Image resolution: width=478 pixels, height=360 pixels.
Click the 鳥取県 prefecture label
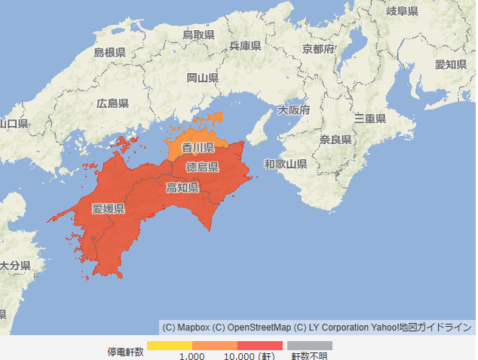click(199, 35)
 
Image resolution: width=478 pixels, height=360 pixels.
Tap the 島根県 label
click(109, 52)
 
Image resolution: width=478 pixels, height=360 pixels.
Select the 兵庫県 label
click(245, 46)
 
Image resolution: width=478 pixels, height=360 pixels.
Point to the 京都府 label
click(318, 49)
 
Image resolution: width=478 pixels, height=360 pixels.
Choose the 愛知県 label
click(451, 64)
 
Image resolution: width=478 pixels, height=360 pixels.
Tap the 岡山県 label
click(203, 78)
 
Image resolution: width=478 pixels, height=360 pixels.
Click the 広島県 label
click(112, 103)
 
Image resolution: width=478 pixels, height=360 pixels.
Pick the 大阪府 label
click(293, 110)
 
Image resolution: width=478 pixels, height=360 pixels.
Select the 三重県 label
click(370, 118)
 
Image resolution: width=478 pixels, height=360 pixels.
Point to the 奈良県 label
click(336, 140)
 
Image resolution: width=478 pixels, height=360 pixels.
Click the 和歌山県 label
click(285, 164)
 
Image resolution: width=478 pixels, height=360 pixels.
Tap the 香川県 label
click(198, 148)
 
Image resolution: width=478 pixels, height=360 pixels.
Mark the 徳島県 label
click(202, 167)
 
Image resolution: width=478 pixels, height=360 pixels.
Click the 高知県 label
click(182, 187)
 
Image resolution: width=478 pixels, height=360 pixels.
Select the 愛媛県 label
click(109, 208)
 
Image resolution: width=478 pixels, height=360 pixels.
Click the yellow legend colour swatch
click(170, 346)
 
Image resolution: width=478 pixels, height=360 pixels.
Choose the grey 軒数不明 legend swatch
click(309, 346)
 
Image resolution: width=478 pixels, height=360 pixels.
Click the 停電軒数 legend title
click(125, 352)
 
